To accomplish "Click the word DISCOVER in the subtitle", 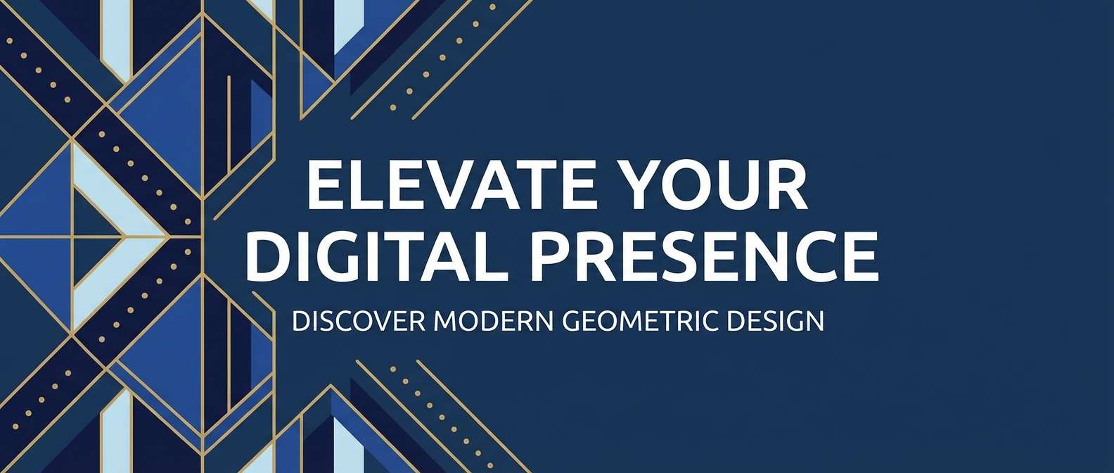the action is [359, 321].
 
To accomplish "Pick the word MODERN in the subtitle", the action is [494, 321].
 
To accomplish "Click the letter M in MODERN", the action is [446, 321].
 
